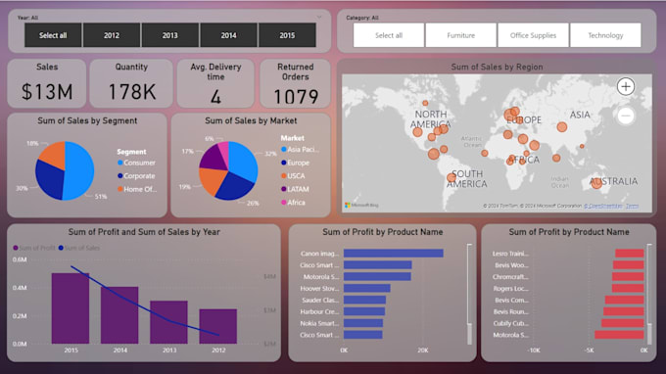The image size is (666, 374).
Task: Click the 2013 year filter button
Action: pos(169,35)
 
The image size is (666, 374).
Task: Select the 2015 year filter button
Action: pos(287,35)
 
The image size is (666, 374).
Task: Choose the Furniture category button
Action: pos(460,35)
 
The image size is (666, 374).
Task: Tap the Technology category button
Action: pos(605,35)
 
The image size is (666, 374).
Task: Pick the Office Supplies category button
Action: pos(533,35)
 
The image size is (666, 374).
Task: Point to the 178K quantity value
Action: pos(130,92)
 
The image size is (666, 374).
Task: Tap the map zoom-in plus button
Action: pos(626,86)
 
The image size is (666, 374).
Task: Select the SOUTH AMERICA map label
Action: pos(467,179)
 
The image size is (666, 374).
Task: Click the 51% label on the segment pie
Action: pos(101,196)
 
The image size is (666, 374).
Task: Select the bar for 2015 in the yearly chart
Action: pos(71,307)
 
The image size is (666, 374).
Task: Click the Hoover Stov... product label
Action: pos(319,288)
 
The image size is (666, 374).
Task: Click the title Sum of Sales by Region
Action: pos(497,67)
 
